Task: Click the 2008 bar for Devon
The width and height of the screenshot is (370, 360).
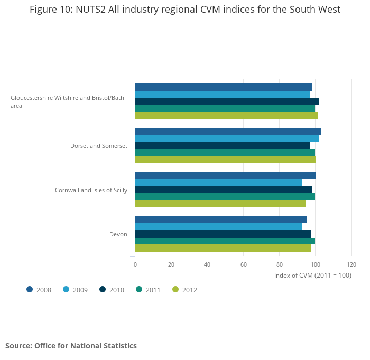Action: click(220, 220)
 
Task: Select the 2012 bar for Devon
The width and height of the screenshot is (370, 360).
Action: click(223, 248)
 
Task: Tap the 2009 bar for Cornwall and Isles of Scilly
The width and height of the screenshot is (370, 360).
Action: click(218, 183)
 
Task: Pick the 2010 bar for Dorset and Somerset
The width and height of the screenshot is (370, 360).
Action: click(222, 145)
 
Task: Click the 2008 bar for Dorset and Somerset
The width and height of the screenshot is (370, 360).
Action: click(228, 131)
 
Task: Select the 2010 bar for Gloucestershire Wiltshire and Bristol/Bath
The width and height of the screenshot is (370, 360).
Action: click(227, 101)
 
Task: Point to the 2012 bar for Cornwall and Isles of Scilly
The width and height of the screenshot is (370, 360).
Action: click(220, 204)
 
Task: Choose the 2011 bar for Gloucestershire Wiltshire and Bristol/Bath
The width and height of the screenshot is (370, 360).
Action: click(225, 108)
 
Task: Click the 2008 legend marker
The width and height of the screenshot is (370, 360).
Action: click(30, 289)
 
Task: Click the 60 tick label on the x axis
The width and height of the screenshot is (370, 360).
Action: click(243, 264)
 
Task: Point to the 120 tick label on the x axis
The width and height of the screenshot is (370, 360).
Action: click(351, 264)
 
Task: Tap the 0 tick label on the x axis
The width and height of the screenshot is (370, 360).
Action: click(135, 264)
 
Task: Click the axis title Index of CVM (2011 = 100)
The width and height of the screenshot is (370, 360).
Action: click(312, 275)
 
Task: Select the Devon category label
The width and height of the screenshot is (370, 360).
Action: click(118, 234)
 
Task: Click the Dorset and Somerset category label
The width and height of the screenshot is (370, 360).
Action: click(99, 146)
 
